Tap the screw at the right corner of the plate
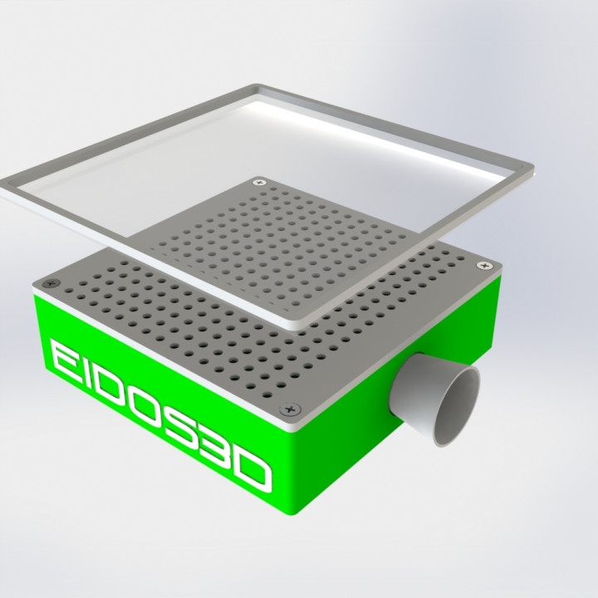click(484, 265)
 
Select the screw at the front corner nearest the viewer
click(289, 409)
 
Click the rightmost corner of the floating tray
click(532, 173)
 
